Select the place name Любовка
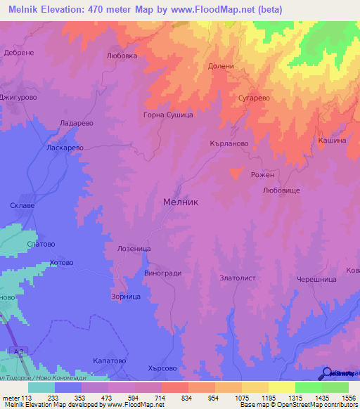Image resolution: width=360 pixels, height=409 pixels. click(x=120, y=55)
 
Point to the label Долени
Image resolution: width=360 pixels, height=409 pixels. click(x=221, y=66)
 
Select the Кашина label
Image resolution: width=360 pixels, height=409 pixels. click(x=332, y=141)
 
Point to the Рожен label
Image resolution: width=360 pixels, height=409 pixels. click(x=262, y=175)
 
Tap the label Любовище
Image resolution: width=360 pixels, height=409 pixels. click(x=281, y=190)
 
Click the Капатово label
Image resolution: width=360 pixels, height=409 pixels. click(x=109, y=360)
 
